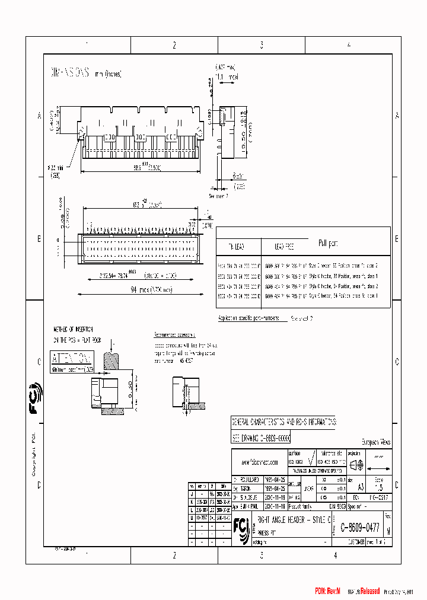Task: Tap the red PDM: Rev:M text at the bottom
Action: pos(327,591)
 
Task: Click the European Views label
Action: pos(376,442)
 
